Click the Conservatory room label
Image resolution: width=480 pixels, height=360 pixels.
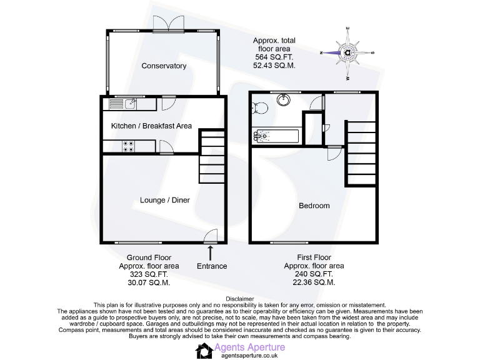point(164,66)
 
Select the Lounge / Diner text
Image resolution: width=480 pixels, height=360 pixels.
point(164,200)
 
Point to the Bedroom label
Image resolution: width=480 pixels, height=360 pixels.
point(314,206)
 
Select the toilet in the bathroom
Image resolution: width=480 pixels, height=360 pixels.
point(261,109)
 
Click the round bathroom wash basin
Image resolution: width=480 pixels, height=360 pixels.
point(283,99)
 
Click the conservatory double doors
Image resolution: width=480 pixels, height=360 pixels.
point(165,23)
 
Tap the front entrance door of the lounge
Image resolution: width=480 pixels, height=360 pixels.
point(211,236)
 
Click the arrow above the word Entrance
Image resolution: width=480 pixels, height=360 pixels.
point(210,252)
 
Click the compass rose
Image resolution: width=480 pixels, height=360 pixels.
point(347,52)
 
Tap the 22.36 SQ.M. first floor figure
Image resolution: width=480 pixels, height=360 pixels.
point(314,282)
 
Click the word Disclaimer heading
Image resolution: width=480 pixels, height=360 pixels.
point(240,299)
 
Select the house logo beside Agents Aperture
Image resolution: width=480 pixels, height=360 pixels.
point(204,351)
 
